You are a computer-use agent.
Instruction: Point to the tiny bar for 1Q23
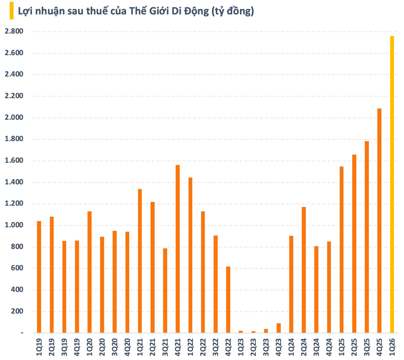(x=241, y=332)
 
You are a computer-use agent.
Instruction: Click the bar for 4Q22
(x=228, y=299)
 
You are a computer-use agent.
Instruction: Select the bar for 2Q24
(x=304, y=270)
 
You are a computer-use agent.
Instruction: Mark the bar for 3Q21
(x=165, y=290)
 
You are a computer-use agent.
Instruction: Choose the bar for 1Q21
(x=140, y=261)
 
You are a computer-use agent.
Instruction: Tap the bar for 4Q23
(x=279, y=328)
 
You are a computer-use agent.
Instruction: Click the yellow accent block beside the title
(x=12, y=11)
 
